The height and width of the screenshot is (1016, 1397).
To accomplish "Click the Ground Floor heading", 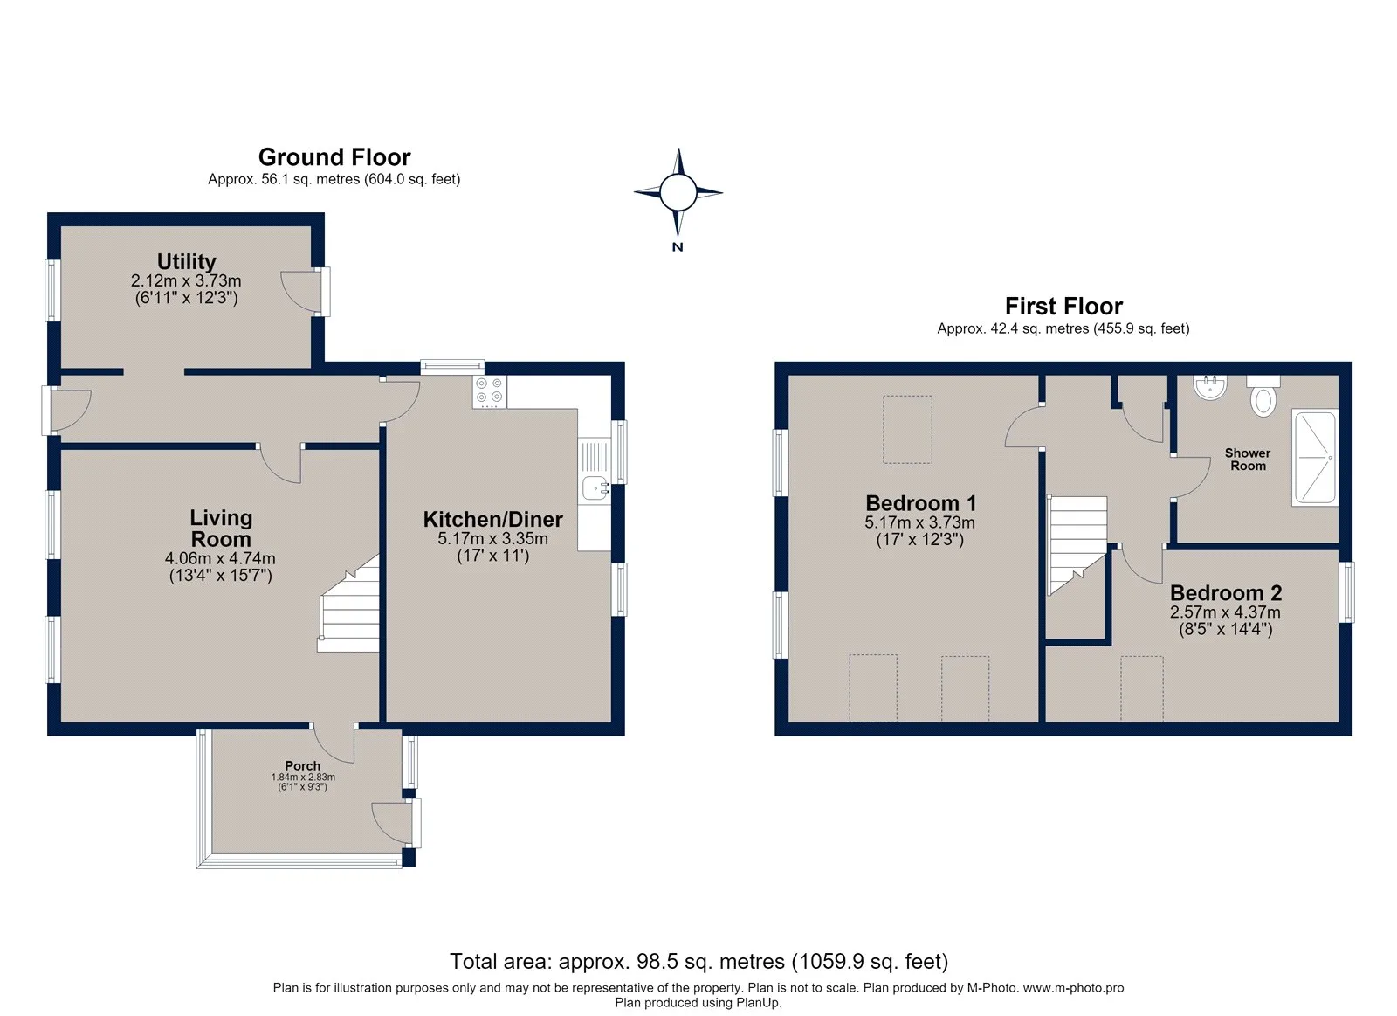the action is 334,156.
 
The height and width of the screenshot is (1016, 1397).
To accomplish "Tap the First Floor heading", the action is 1063,306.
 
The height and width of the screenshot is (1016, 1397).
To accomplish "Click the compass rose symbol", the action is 678,192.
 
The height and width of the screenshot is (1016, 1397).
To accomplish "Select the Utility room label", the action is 187,261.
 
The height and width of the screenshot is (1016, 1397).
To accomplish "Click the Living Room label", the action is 221,528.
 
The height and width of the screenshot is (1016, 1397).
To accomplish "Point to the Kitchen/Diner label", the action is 492,519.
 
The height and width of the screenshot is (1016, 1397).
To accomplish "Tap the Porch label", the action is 302,765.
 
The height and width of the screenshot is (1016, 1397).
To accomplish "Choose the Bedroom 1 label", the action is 920,502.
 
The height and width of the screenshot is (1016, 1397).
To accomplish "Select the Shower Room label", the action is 1248,459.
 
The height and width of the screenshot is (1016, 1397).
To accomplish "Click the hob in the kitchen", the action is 490,392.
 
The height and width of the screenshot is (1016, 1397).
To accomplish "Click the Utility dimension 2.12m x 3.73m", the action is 186,280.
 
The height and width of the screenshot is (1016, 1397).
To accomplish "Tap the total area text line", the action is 698,962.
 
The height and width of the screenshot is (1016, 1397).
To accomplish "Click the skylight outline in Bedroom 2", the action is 1142,689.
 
